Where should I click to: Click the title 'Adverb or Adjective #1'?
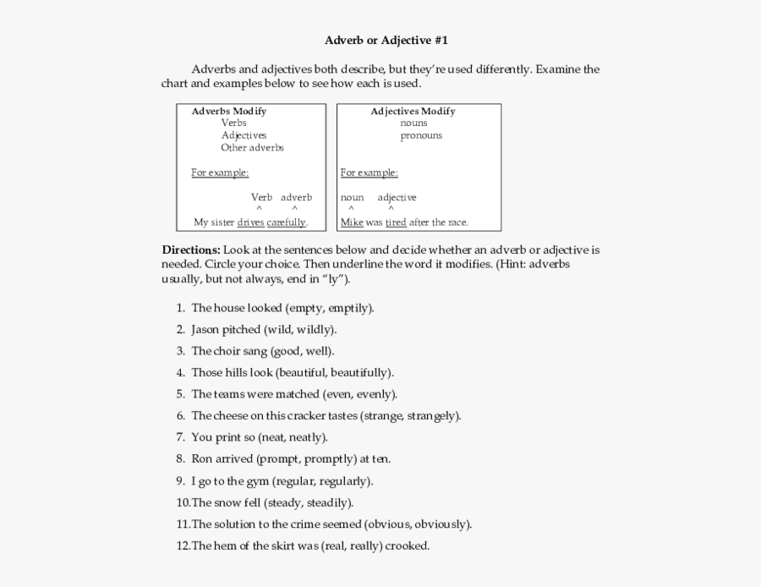click(x=386, y=40)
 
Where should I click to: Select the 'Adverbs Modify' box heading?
click(x=228, y=111)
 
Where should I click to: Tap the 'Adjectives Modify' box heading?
click(x=413, y=111)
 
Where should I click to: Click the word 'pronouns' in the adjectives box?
click(x=421, y=135)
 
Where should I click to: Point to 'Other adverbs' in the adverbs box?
click(x=252, y=147)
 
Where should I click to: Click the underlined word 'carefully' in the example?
click(x=286, y=222)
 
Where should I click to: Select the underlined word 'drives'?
click(x=250, y=222)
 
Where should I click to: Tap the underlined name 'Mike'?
click(x=351, y=222)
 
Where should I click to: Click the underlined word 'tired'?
click(x=396, y=222)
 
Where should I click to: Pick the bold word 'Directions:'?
click(x=191, y=250)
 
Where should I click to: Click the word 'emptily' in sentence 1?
click(x=348, y=308)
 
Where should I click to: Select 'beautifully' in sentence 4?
click(x=359, y=372)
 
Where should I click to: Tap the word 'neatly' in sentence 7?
click(x=306, y=437)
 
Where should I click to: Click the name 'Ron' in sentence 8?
click(x=201, y=459)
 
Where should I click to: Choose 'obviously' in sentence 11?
click(x=441, y=524)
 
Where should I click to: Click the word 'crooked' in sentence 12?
click(x=408, y=546)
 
